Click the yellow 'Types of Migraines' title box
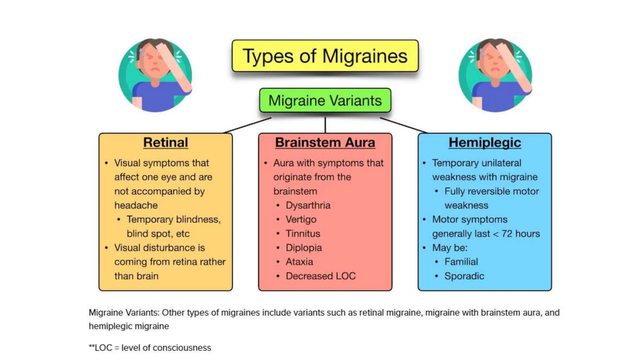[325, 56]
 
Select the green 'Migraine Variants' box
[325, 101]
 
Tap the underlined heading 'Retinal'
[166, 142]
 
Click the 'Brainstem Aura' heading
[325, 142]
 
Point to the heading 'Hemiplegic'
[485, 142]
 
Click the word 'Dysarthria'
[308, 205]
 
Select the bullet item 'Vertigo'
[301, 219]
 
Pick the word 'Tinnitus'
[303, 234]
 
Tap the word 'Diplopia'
[304, 248]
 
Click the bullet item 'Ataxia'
[299, 262]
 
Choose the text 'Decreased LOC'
[321, 276]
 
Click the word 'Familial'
[461, 262]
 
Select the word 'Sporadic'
[464, 276]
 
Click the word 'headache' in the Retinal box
[136, 205]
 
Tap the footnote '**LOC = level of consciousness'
[150, 348]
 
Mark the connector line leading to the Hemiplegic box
[403, 125]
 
